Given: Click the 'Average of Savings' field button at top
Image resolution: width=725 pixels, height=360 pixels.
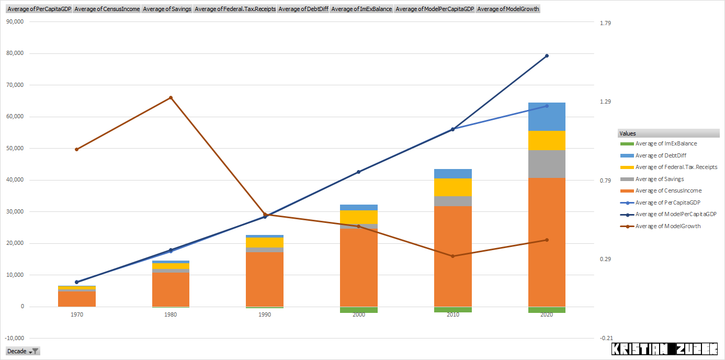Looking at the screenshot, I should click(x=167, y=9).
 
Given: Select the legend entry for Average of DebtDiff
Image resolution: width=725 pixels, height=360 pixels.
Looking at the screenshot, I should click(x=660, y=155).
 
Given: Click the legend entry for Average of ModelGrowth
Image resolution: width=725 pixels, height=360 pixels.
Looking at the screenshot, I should click(x=667, y=226).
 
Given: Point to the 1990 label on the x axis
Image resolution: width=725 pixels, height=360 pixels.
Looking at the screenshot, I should click(x=265, y=314).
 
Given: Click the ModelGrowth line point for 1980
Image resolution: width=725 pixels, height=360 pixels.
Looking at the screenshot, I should click(x=171, y=98).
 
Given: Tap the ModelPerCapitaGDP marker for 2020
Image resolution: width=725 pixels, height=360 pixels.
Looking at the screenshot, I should click(x=547, y=56).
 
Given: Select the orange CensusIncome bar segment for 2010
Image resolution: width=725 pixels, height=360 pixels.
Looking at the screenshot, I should click(x=453, y=256).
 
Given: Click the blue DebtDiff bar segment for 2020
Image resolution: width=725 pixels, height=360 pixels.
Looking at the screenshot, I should click(x=547, y=117).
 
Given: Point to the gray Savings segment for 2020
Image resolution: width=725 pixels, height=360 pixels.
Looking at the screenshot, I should click(x=547, y=164).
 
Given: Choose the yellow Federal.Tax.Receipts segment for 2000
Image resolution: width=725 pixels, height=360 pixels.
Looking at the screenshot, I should click(x=359, y=217).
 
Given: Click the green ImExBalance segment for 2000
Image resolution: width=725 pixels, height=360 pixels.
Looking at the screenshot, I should click(x=359, y=310).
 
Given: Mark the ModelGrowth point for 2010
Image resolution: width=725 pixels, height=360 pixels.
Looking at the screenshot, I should click(x=453, y=256).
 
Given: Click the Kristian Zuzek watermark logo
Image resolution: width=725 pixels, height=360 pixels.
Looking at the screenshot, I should click(x=664, y=349).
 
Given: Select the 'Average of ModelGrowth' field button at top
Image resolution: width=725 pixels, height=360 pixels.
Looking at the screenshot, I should click(x=508, y=9).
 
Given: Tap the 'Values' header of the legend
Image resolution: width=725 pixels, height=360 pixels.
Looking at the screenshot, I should click(x=628, y=133).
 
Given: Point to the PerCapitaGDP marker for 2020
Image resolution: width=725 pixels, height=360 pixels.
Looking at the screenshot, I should click(x=547, y=106).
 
